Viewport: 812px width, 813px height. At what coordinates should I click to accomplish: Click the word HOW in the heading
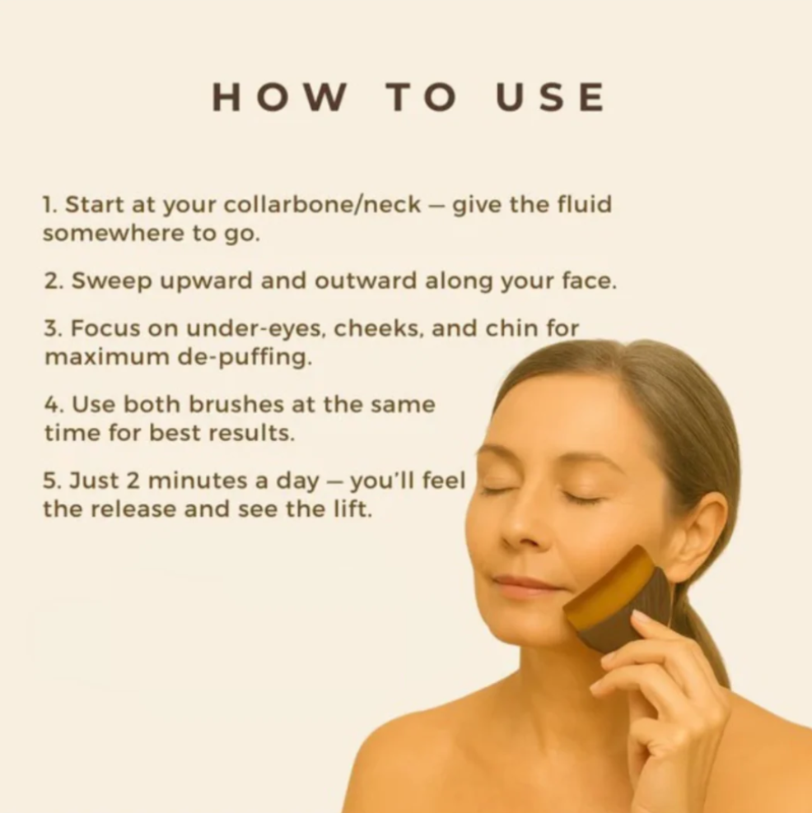click(x=279, y=97)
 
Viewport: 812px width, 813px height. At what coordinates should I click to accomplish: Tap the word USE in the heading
click(x=550, y=97)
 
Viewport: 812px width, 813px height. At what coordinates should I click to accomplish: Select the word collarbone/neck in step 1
click(x=322, y=206)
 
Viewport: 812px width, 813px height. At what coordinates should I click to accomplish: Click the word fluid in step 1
click(x=585, y=204)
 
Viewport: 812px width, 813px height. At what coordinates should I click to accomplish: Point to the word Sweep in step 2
click(x=110, y=281)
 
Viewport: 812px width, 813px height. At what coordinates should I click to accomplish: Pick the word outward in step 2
click(x=366, y=281)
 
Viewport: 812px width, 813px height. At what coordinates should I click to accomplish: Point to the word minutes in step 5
click(x=198, y=481)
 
